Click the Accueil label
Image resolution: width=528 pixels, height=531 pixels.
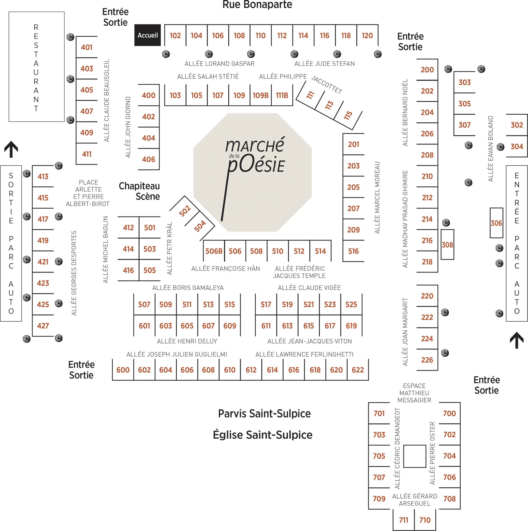[148, 35]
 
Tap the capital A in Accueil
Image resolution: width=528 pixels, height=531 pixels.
[140, 35]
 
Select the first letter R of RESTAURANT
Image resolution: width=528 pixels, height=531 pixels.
[36, 27]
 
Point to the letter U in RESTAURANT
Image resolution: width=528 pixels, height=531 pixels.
[36, 72]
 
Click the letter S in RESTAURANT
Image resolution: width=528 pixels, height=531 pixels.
[36, 45]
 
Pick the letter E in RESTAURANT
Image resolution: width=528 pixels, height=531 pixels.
[36, 36]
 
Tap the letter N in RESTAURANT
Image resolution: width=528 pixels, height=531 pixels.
[36, 100]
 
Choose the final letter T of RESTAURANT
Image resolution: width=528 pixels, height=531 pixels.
[36, 109]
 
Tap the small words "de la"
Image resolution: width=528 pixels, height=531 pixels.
[234, 156]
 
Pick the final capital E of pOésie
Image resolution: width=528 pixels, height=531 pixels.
[281, 166]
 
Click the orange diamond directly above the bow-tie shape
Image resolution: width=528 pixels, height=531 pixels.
[496, 223]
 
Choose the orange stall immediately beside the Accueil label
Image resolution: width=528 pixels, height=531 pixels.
[175, 37]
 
